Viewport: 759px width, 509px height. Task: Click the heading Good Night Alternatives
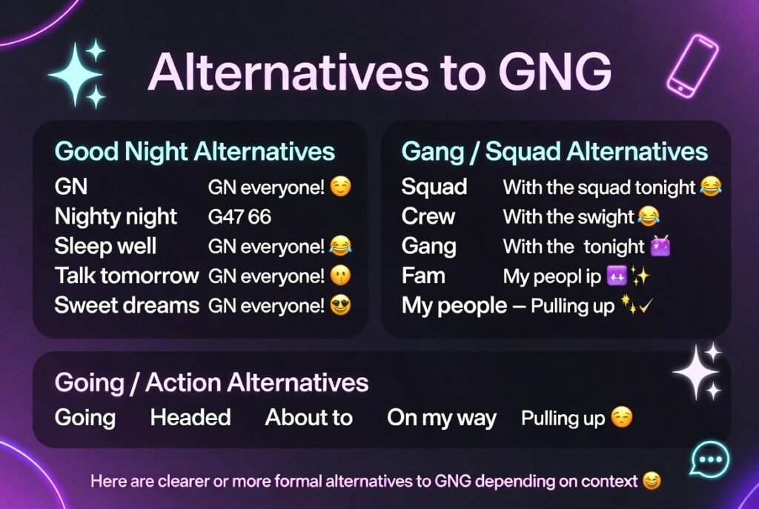pyautogui.click(x=195, y=152)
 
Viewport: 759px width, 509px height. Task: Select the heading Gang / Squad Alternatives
pyautogui.click(x=554, y=152)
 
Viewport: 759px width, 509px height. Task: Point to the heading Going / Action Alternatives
pyautogui.click(x=211, y=382)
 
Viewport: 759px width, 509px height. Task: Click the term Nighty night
pyautogui.click(x=116, y=216)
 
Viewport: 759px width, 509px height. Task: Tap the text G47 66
pyautogui.click(x=239, y=217)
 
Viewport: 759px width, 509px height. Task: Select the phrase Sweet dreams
pyautogui.click(x=127, y=305)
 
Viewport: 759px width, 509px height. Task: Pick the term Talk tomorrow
pyautogui.click(x=127, y=276)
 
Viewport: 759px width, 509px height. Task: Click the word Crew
pyautogui.click(x=428, y=216)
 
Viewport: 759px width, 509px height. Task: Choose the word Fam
pyautogui.click(x=422, y=276)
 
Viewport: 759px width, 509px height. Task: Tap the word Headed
pyautogui.click(x=190, y=417)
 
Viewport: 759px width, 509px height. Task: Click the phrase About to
pyautogui.click(x=308, y=417)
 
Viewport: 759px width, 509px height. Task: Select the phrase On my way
pyautogui.click(x=441, y=417)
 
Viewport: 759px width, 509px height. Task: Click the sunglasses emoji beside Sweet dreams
pyautogui.click(x=340, y=305)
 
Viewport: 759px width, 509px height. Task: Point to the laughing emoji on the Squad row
pyautogui.click(x=710, y=187)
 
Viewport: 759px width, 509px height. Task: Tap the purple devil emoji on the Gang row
pyautogui.click(x=660, y=246)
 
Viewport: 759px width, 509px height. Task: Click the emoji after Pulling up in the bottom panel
pyautogui.click(x=622, y=418)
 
